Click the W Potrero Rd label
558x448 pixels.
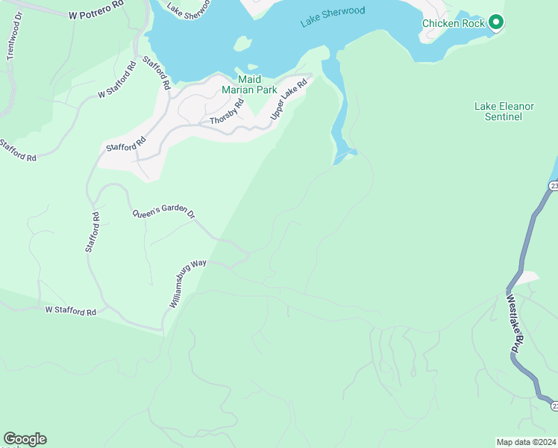pos(95,15)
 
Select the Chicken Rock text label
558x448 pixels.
pos(454,23)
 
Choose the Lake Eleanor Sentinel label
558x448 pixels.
pos(504,111)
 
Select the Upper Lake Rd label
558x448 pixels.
pos(289,100)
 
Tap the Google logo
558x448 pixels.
pos(25,439)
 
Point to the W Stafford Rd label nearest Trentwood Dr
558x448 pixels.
pos(116,85)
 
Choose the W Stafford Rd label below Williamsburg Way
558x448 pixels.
pos(71,310)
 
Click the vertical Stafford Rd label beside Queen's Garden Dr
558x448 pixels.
pos(92,232)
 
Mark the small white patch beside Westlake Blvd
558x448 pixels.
pos(526,278)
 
